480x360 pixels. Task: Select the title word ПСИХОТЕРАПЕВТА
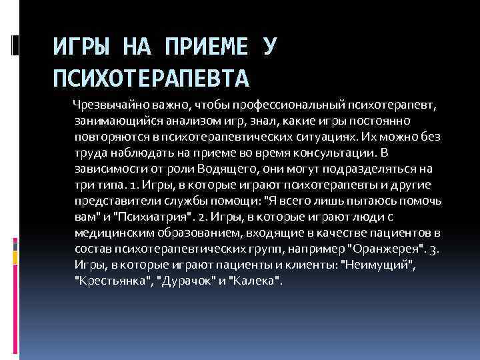coord(151,79)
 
